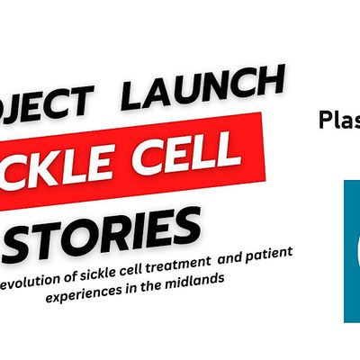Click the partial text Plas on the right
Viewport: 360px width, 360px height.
[x=339, y=119]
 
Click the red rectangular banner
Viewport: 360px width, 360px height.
[x=135, y=157]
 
